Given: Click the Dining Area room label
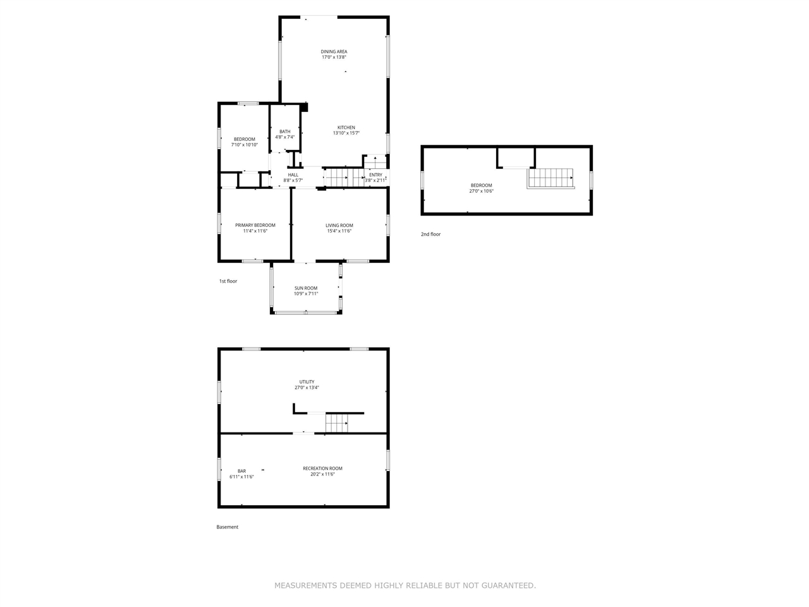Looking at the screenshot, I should click(x=334, y=52).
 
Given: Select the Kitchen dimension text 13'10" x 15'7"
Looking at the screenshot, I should click(x=346, y=133).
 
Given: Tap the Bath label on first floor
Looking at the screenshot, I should click(x=285, y=132).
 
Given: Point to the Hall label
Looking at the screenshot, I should click(x=293, y=175).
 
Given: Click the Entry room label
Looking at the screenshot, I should click(x=375, y=175).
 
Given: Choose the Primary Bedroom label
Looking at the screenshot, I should click(x=255, y=225).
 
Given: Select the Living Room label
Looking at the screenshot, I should click(x=339, y=225).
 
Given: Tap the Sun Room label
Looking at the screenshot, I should click(x=306, y=288).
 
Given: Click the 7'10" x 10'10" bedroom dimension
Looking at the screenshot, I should click(x=245, y=145).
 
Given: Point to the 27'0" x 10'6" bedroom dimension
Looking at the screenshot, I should click(x=481, y=191).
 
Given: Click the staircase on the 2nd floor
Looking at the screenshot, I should click(x=550, y=178).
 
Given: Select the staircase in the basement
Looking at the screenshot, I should click(x=336, y=423).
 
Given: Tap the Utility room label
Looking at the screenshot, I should click(x=307, y=382).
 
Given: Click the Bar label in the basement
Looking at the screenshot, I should click(x=241, y=471).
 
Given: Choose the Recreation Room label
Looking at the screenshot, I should click(x=322, y=469).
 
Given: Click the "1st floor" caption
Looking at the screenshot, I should click(x=228, y=281).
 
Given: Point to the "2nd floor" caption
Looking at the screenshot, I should click(x=431, y=235).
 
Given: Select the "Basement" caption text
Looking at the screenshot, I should click(x=228, y=527).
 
